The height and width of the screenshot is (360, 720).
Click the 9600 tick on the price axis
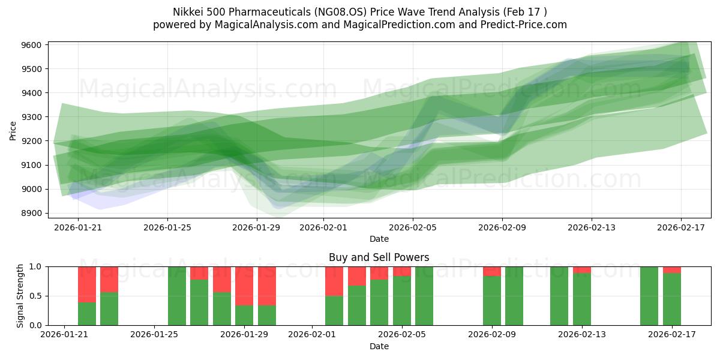[x=31, y=45]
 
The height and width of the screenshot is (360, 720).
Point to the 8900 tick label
[x=31, y=213]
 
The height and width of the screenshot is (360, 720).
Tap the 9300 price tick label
[x=31, y=117]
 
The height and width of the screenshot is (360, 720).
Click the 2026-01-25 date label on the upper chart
[x=167, y=227]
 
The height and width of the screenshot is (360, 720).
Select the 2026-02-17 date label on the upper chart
[x=681, y=227]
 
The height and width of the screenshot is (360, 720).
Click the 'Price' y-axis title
[x=13, y=130]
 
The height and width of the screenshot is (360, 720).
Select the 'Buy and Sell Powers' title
[x=379, y=257]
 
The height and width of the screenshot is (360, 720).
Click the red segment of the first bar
[x=87, y=284]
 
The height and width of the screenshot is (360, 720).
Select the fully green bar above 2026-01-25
[x=177, y=296]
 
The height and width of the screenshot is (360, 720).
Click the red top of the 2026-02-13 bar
[x=582, y=269]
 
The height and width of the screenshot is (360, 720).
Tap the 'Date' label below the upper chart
[x=379, y=239]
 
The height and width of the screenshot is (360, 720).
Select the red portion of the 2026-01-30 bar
[x=267, y=286]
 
